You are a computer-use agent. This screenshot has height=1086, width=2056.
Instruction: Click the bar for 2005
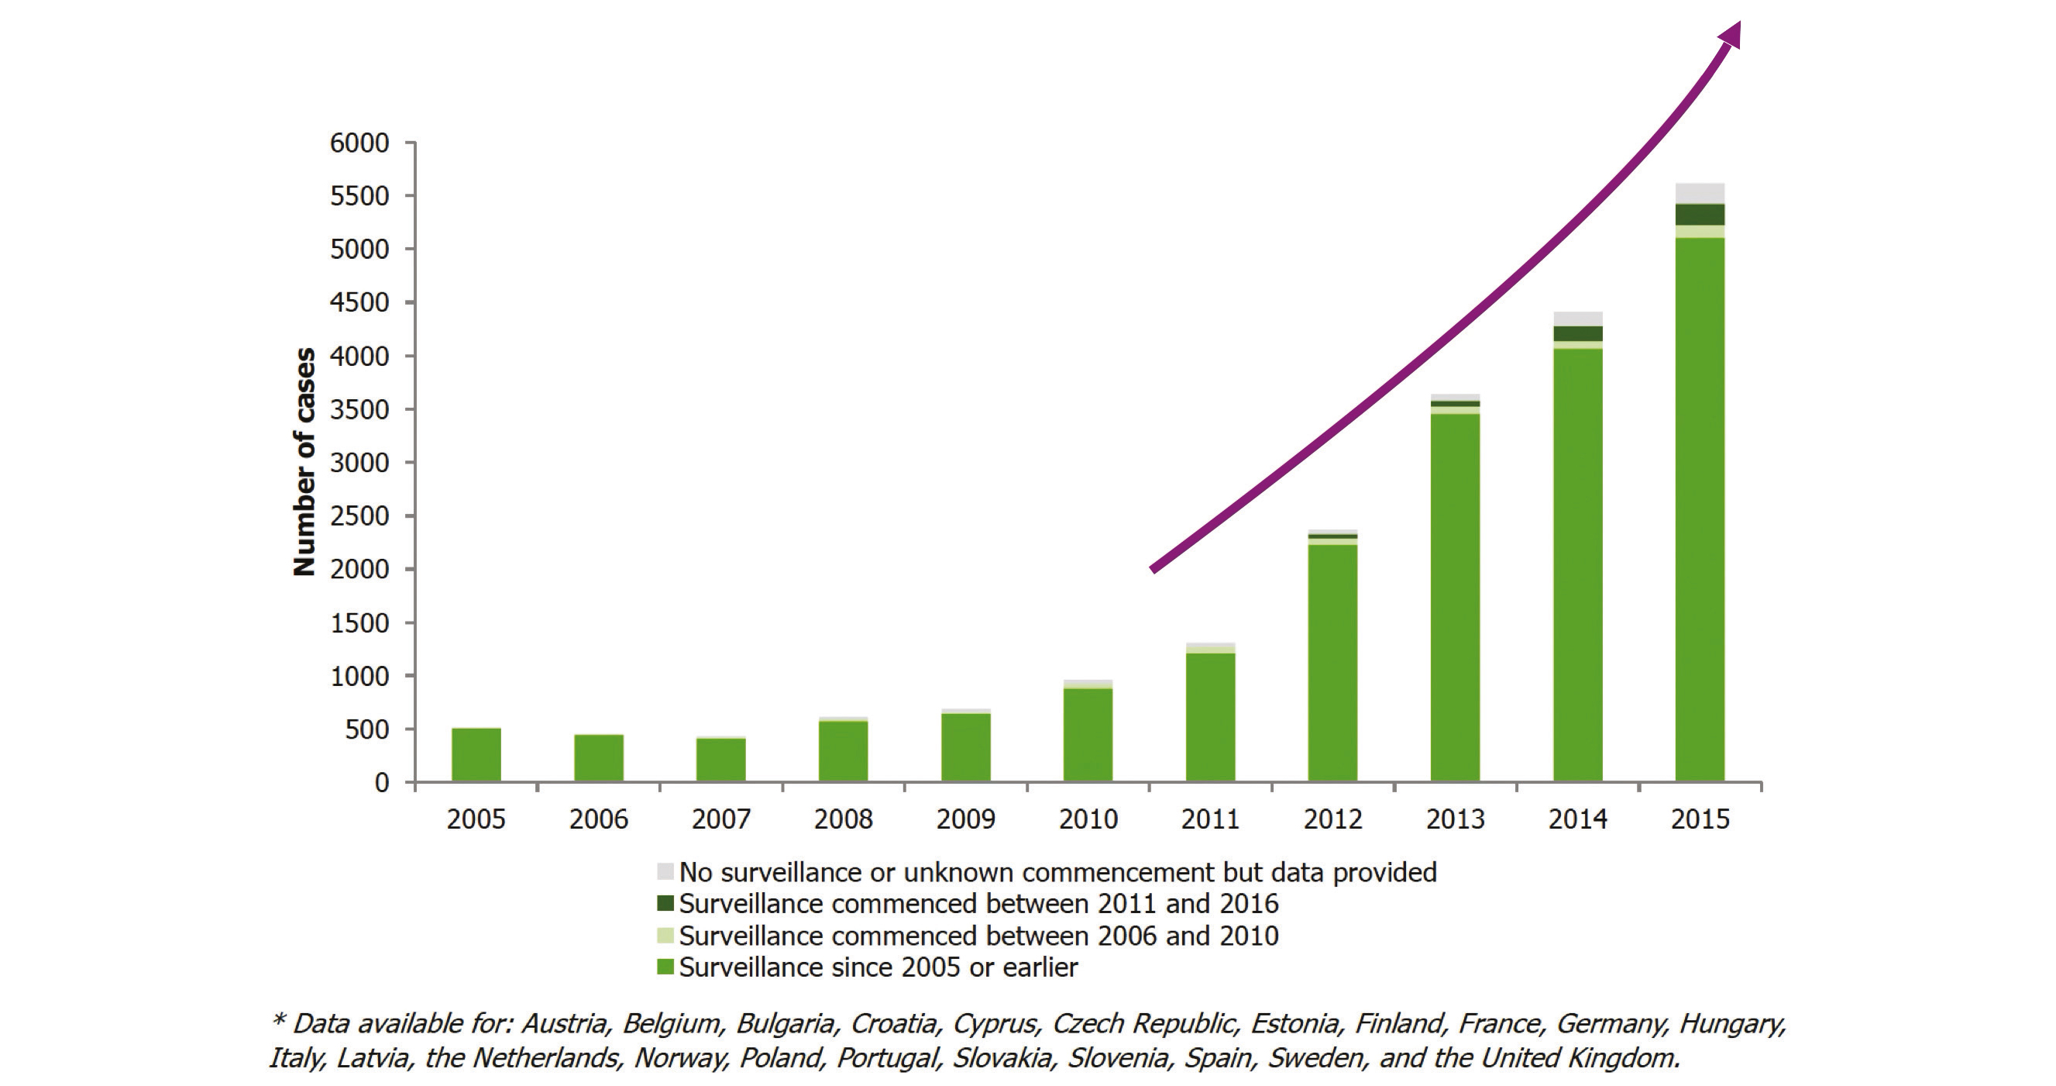tap(476, 753)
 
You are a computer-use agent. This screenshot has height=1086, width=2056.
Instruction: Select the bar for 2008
tap(843, 750)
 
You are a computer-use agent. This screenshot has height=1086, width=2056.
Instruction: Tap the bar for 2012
tap(1332, 663)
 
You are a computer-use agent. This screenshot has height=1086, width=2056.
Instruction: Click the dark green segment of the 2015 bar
tap(1699, 215)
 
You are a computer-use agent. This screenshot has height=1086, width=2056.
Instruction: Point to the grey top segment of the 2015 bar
tap(1699, 193)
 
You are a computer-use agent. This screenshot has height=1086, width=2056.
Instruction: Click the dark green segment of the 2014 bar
tap(1577, 334)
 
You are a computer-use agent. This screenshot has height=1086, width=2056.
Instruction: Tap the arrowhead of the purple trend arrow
tap(1731, 36)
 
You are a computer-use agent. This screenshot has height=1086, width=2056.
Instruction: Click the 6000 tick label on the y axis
tap(359, 143)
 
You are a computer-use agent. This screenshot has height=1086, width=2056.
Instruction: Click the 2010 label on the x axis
tap(1088, 819)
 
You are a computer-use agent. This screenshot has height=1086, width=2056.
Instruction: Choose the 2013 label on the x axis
tap(1455, 819)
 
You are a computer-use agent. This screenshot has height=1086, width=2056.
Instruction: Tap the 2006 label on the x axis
tap(599, 819)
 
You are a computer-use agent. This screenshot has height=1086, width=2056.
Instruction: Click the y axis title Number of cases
tap(304, 461)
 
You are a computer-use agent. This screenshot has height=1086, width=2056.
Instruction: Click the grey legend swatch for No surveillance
tap(665, 872)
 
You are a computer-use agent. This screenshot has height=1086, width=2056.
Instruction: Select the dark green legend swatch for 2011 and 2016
tap(665, 904)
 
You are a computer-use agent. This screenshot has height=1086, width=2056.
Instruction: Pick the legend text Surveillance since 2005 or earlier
tap(878, 968)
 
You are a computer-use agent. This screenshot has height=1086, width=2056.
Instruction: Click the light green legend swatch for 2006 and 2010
tap(665, 936)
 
